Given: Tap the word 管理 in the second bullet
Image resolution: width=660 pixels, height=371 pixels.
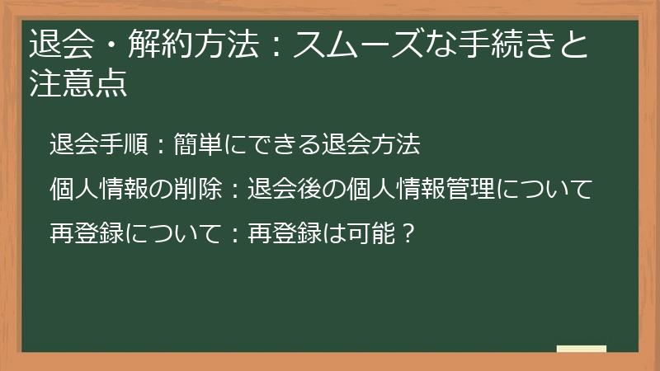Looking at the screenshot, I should pos(469,190).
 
